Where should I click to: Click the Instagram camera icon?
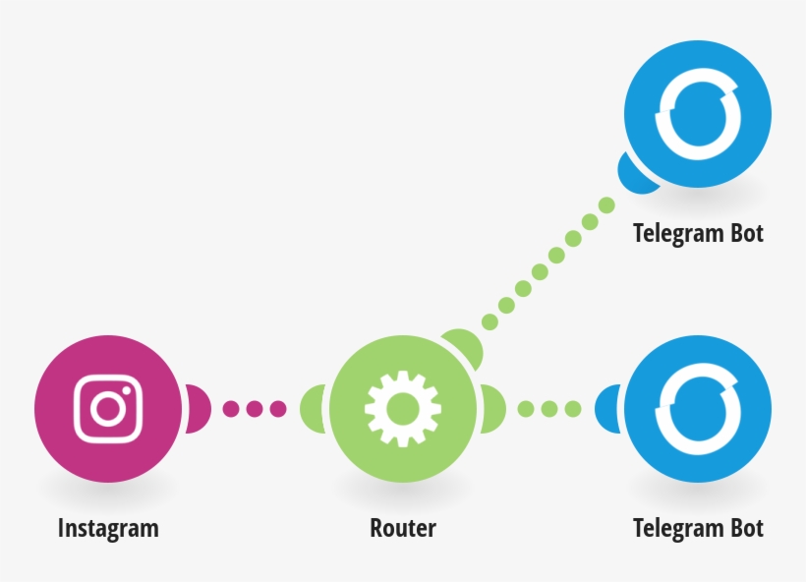pyautogui.click(x=108, y=408)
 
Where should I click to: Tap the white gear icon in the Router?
pyautogui.click(x=402, y=408)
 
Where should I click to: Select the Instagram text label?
pyautogui.click(x=108, y=528)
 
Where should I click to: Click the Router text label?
pyautogui.click(x=403, y=528)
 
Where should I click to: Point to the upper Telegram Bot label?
pyautogui.click(x=698, y=233)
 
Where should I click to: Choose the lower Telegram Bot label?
pyautogui.click(x=698, y=528)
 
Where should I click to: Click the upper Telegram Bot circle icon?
pyautogui.click(x=698, y=114)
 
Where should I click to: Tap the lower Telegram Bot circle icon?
pyautogui.click(x=698, y=408)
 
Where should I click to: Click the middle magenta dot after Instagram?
pyautogui.click(x=255, y=408)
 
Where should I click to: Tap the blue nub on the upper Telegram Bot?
pyautogui.click(x=635, y=173)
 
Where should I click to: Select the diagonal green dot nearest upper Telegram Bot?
pyautogui.click(x=606, y=205)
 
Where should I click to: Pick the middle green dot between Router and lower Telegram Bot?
pyautogui.click(x=548, y=408)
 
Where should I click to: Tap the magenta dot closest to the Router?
pyautogui.click(x=277, y=408)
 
